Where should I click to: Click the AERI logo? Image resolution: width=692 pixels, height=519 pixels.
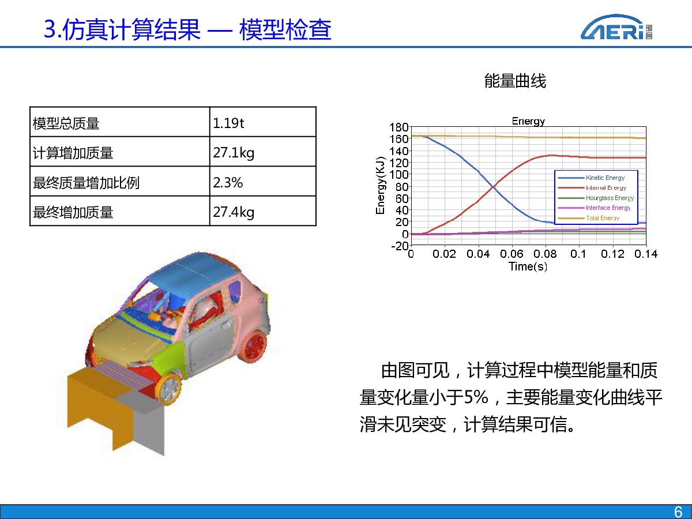click(x=616, y=27)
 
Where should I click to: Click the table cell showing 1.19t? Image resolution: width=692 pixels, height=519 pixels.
click(x=262, y=122)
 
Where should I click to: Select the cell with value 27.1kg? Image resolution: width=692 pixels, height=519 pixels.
click(x=262, y=152)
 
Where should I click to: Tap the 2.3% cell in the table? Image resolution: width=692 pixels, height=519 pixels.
click(x=262, y=181)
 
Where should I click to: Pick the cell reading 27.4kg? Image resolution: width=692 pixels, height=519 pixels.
click(x=262, y=211)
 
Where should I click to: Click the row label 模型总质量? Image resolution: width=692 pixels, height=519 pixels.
click(x=66, y=123)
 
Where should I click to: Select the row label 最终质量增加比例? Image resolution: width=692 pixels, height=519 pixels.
click(x=86, y=183)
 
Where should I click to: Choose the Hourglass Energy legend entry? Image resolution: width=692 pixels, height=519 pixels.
click(x=596, y=198)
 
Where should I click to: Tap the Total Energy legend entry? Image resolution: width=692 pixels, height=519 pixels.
click(x=588, y=218)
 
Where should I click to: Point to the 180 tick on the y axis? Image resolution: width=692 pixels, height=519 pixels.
click(x=399, y=127)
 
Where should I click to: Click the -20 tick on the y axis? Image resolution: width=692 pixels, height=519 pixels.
click(x=400, y=246)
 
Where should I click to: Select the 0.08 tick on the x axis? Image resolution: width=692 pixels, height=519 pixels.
click(x=545, y=254)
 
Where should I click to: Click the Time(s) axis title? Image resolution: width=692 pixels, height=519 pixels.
click(x=528, y=266)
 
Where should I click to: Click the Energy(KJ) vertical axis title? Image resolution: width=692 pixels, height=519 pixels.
click(x=381, y=185)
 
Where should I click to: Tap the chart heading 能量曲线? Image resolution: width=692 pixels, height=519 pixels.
click(x=515, y=81)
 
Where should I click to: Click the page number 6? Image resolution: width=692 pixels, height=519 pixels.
click(x=678, y=512)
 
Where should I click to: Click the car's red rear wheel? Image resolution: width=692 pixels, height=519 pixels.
click(x=253, y=346)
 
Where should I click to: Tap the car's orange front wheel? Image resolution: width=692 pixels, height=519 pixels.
click(x=170, y=389)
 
